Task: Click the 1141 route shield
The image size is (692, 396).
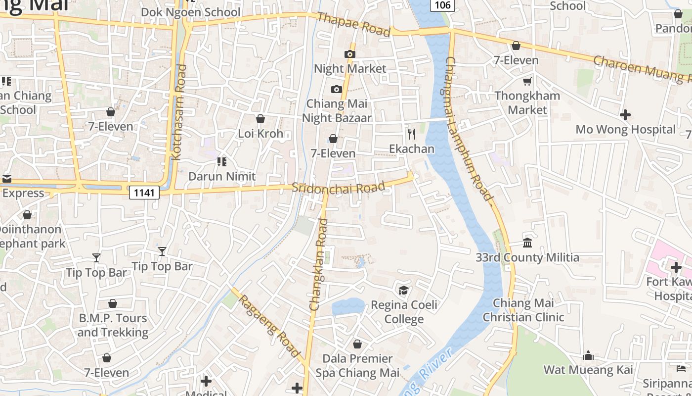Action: [144, 193]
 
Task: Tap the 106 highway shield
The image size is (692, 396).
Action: [443, 5]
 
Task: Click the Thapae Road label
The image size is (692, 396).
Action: [354, 24]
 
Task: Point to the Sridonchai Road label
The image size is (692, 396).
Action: [338, 188]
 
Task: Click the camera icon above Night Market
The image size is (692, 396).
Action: [350, 54]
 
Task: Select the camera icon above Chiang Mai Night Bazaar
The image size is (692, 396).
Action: [337, 89]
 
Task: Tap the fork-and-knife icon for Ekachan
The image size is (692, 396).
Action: [411, 134]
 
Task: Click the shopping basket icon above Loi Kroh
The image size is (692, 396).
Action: [260, 119]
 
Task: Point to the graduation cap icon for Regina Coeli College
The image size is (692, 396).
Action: [404, 290]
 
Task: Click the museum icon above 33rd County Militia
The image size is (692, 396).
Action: [527, 243]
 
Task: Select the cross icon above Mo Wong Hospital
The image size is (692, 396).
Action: [625, 115]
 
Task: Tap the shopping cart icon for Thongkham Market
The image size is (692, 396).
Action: [527, 81]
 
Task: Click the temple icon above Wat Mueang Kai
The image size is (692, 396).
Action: [588, 355]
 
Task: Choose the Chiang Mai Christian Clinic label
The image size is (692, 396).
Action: [523, 310]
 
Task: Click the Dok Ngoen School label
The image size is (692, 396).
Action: [191, 12]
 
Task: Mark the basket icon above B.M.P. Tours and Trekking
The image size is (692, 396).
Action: [113, 303]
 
